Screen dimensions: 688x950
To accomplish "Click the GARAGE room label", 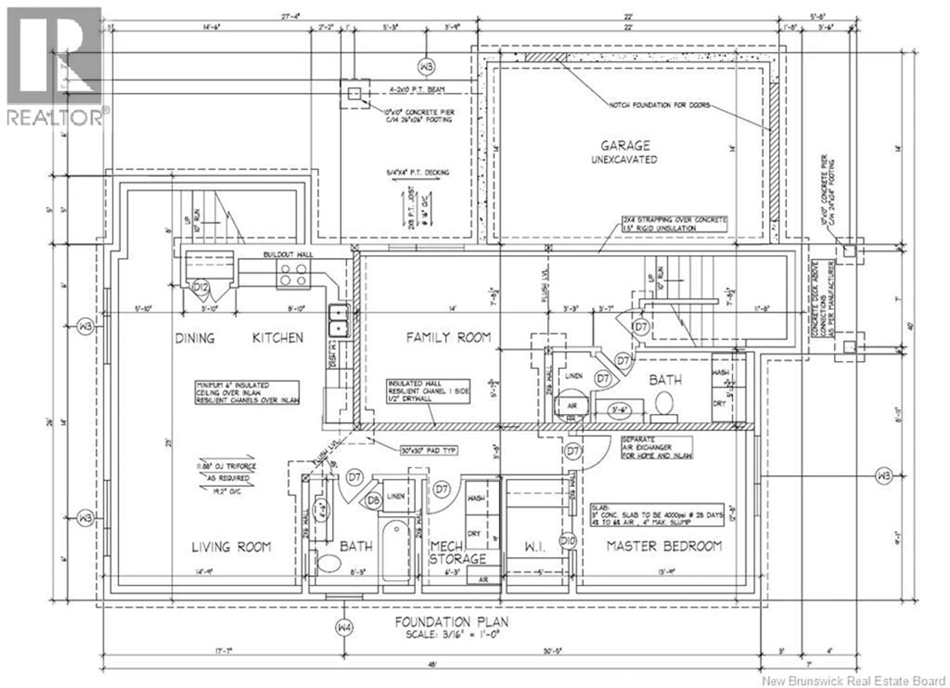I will tap(625, 146).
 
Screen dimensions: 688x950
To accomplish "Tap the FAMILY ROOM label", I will tap(448, 337).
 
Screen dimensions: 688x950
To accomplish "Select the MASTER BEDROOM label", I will tap(664, 546).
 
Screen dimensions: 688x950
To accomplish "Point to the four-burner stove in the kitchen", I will tap(293, 274).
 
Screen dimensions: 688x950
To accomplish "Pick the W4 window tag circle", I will tap(344, 628).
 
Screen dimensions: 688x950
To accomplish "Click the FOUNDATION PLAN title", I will tap(451, 622).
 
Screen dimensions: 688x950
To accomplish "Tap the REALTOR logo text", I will tap(54, 117).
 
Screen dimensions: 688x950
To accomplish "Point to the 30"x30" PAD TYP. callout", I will tap(428, 451).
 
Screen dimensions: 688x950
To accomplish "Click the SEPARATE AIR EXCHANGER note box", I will tap(656, 447).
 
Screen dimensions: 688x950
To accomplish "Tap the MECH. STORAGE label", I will tap(457, 553).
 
